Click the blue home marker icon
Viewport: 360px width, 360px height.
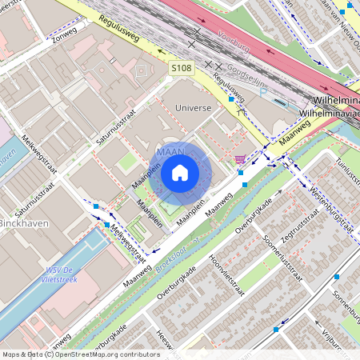pyautogui.click(x=180, y=172)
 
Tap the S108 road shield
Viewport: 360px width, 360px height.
pyautogui.click(x=181, y=70)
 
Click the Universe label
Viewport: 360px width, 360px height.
pyautogui.click(x=192, y=106)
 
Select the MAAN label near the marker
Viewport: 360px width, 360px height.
pyautogui.click(x=170, y=150)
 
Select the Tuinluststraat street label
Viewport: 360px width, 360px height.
pyautogui.click(x=349, y=170)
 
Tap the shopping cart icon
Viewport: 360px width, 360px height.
pyautogui.click(x=239, y=158)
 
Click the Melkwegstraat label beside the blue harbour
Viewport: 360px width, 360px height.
pyautogui.click(x=129, y=244)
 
